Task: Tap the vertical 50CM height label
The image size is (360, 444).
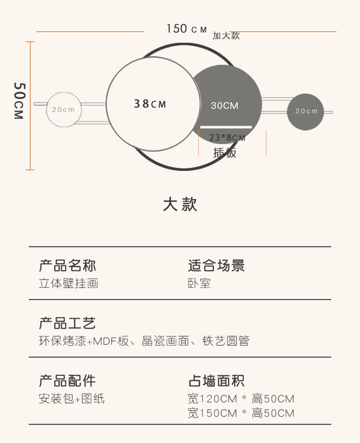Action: click(x=19, y=101)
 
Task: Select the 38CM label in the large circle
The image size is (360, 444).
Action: click(x=150, y=104)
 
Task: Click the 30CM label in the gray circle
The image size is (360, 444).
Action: click(x=224, y=105)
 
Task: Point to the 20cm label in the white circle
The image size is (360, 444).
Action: click(x=63, y=109)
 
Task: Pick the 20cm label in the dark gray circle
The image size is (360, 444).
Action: click(x=306, y=111)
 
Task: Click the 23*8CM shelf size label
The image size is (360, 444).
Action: click(x=227, y=138)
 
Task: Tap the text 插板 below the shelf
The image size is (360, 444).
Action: click(x=225, y=153)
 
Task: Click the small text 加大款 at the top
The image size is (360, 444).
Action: click(x=226, y=36)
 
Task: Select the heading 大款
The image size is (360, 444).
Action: click(x=180, y=204)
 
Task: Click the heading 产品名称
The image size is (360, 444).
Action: click(x=67, y=265)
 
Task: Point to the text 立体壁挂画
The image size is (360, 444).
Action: click(x=69, y=284)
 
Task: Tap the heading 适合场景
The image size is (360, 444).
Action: click(x=216, y=265)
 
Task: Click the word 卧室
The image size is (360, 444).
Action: click(x=199, y=284)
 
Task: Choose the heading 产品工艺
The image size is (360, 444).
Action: click(x=67, y=323)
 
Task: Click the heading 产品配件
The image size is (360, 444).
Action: click(x=67, y=381)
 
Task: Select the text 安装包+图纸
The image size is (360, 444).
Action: click(x=72, y=399)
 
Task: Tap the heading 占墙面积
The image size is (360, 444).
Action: click(x=216, y=381)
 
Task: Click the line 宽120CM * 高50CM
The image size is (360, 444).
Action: click(x=241, y=399)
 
